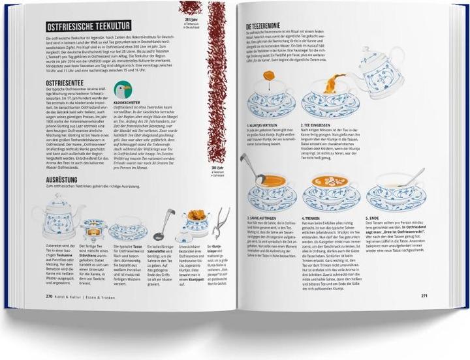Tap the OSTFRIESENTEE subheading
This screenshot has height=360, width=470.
coord(65,83)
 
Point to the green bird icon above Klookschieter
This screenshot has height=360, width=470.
coord(121,90)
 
